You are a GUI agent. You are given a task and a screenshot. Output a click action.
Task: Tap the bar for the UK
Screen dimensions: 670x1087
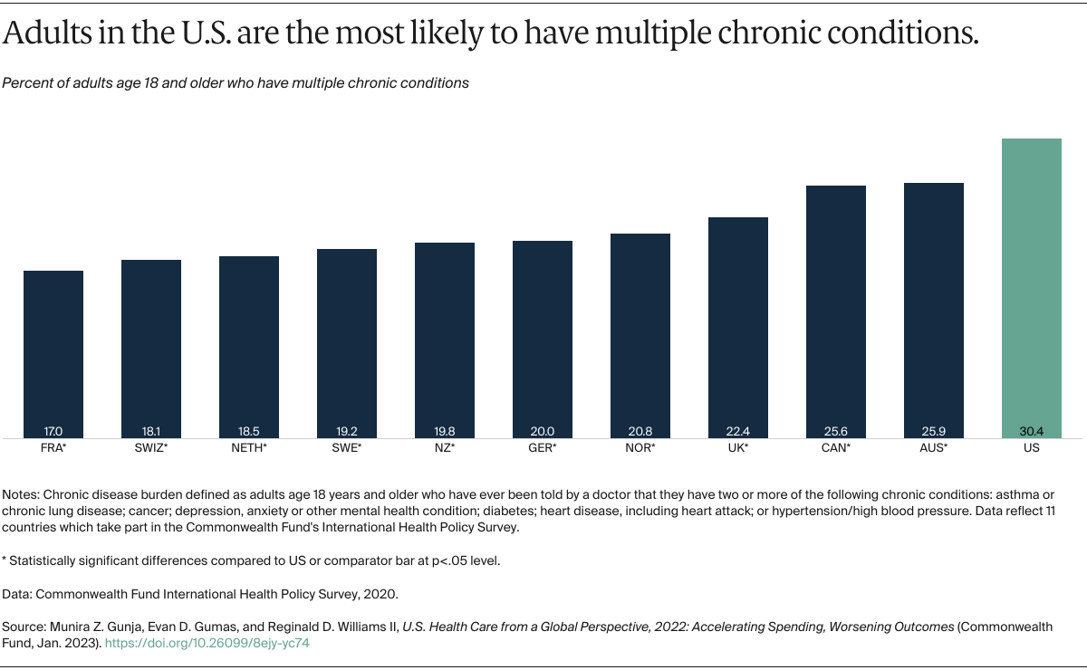738,326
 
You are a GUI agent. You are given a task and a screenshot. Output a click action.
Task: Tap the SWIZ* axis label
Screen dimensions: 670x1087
151,448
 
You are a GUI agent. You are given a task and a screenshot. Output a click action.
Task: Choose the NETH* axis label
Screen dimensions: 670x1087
249,448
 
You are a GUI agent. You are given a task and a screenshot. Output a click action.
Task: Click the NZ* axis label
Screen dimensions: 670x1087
445,448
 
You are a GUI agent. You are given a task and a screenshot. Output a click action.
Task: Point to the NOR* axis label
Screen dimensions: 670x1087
640,448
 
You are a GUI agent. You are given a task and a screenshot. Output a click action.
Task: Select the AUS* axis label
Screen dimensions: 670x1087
933,448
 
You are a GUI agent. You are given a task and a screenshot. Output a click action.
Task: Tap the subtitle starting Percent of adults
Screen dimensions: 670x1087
236,82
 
